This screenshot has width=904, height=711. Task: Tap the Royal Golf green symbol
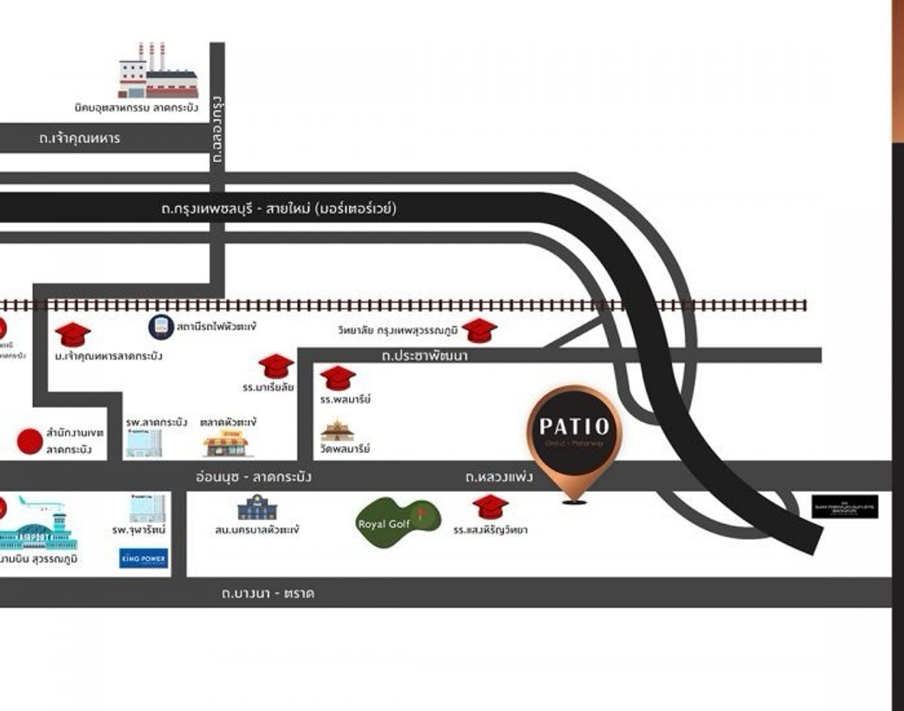(x=397, y=523)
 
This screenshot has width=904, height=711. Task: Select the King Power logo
(x=143, y=558)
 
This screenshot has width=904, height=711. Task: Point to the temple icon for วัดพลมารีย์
(x=337, y=431)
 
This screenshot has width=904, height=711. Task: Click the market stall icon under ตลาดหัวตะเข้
(x=225, y=444)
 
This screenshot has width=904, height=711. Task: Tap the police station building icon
(x=257, y=508)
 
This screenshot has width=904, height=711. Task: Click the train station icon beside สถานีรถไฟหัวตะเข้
(x=160, y=326)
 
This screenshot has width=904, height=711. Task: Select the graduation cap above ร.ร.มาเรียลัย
(x=276, y=366)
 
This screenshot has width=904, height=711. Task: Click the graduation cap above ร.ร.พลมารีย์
(x=337, y=378)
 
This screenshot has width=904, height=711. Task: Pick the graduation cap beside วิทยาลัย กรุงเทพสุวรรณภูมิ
(x=479, y=330)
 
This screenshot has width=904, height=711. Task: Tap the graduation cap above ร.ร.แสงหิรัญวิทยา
(x=490, y=507)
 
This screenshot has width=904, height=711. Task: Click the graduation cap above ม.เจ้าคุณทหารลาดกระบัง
(x=73, y=334)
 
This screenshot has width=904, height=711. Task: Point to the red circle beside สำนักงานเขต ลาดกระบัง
(x=30, y=441)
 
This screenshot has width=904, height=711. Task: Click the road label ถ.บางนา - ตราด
(x=267, y=593)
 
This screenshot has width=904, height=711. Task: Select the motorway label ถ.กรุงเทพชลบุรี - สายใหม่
(x=279, y=209)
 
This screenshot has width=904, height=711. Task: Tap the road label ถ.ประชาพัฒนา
(x=424, y=355)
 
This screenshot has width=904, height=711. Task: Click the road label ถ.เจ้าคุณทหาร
(x=79, y=139)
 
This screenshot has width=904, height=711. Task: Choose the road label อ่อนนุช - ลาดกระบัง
(x=253, y=477)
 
